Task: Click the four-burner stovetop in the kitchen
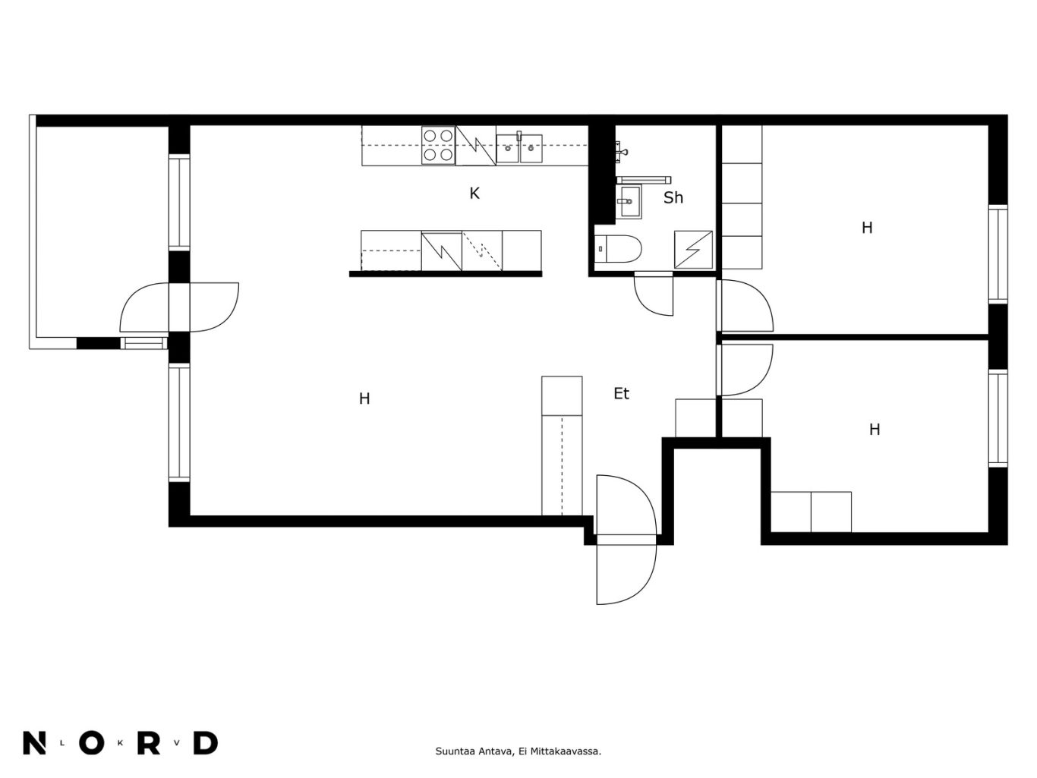point(438,145)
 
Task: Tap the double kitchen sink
point(518,148)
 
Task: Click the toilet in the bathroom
point(617,248)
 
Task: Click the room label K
point(474,194)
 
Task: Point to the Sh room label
point(673,197)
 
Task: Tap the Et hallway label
point(621,393)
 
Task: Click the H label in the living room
point(364,398)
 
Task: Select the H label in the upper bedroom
point(866,228)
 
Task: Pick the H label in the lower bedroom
point(874,430)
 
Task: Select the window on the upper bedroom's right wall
point(998,254)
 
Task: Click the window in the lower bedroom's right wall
point(998,418)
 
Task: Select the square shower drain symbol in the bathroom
point(693,250)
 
